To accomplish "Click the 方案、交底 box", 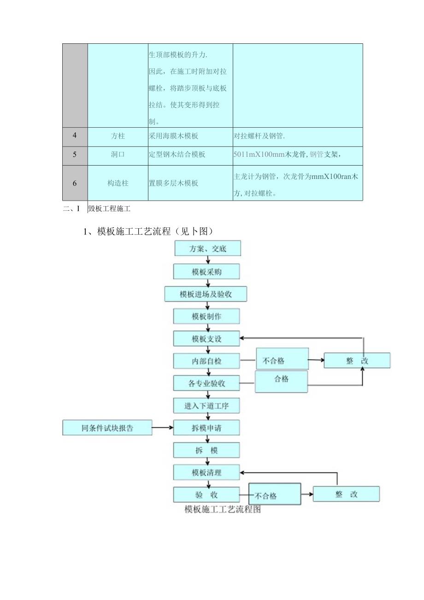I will (x=208, y=249).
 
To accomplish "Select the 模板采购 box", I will (x=206, y=272).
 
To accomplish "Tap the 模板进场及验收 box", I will (x=206, y=294).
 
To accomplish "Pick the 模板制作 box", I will (x=206, y=316).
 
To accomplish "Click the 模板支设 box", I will (x=206, y=339).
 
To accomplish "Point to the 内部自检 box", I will (x=206, y=361).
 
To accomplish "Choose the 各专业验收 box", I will (x=206, y=383).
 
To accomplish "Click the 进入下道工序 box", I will (x=206, y=406).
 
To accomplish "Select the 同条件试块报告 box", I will (x=107, y=428).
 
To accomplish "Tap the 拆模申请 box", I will (x=206, y=428).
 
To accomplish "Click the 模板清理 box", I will (x=206, y=472).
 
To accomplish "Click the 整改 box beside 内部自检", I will (x=357, y=361).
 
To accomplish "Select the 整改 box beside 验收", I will (x=346, y=494).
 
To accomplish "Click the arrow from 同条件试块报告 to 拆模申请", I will (x=163, y=428).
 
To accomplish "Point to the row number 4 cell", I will (x=75, y=136).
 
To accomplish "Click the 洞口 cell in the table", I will (x=118, y=155).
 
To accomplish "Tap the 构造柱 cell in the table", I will (x=118, y=183).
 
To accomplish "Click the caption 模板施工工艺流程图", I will (x=223, y=510).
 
